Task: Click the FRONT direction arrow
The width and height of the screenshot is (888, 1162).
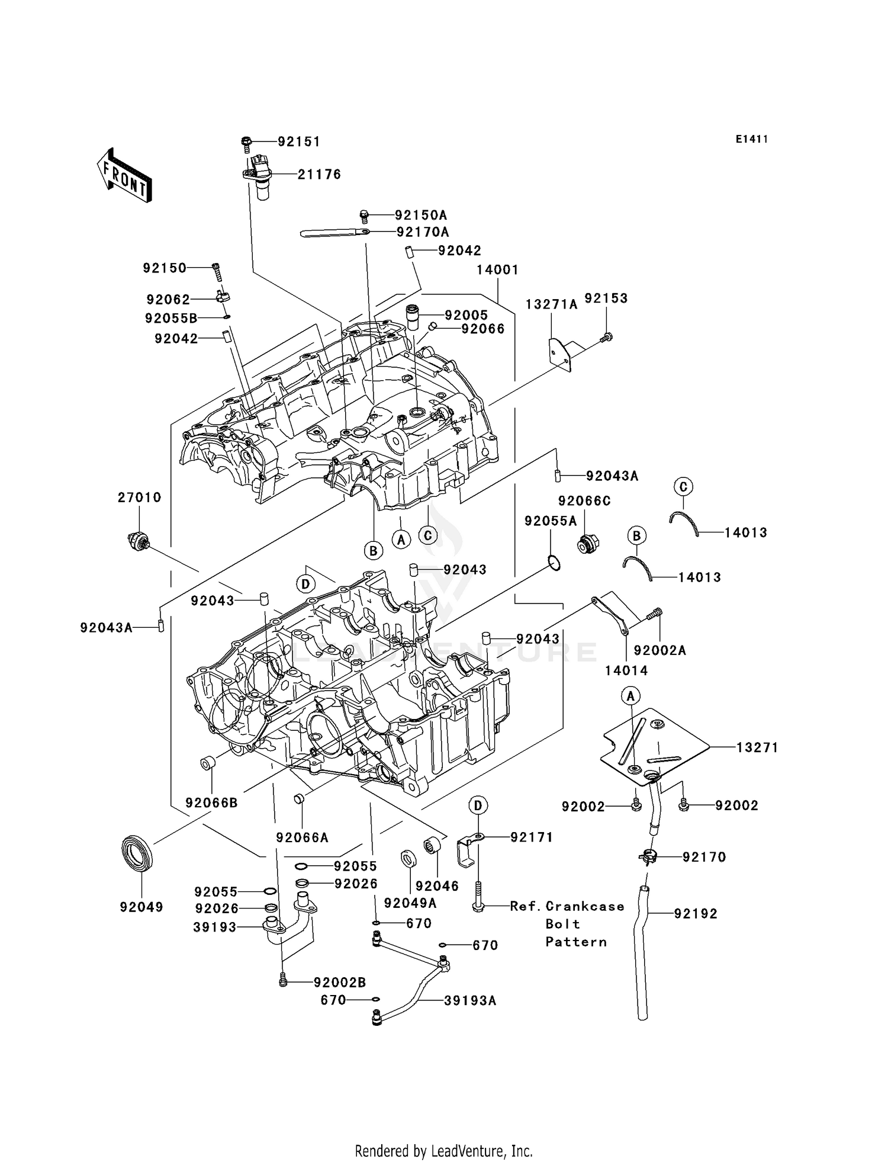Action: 124,176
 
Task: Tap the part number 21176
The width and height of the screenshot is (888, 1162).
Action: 319,175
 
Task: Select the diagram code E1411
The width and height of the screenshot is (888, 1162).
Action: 752,139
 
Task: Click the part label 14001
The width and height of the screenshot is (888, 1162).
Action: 497,270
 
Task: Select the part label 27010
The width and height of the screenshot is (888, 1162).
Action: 139,497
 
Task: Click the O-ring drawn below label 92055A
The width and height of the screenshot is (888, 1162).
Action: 553,563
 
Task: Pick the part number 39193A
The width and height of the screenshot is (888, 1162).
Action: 470,1000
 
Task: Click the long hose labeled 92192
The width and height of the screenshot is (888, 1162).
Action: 642,954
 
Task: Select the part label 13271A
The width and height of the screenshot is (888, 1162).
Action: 551,304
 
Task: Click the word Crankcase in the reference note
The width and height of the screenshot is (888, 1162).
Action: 584,906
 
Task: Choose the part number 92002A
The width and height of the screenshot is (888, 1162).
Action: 659,650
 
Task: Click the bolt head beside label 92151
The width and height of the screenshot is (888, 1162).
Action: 247,142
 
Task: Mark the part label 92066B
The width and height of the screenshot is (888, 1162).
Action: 211,803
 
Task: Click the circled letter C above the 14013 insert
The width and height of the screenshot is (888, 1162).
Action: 683,487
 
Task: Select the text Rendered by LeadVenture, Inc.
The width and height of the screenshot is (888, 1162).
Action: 443,1151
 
